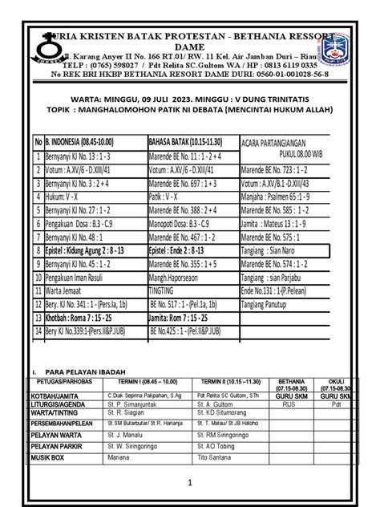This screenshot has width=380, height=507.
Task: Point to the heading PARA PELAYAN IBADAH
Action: click(x=81, y=371)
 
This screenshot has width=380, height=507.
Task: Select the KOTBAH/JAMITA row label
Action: click(x=49, y=395)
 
